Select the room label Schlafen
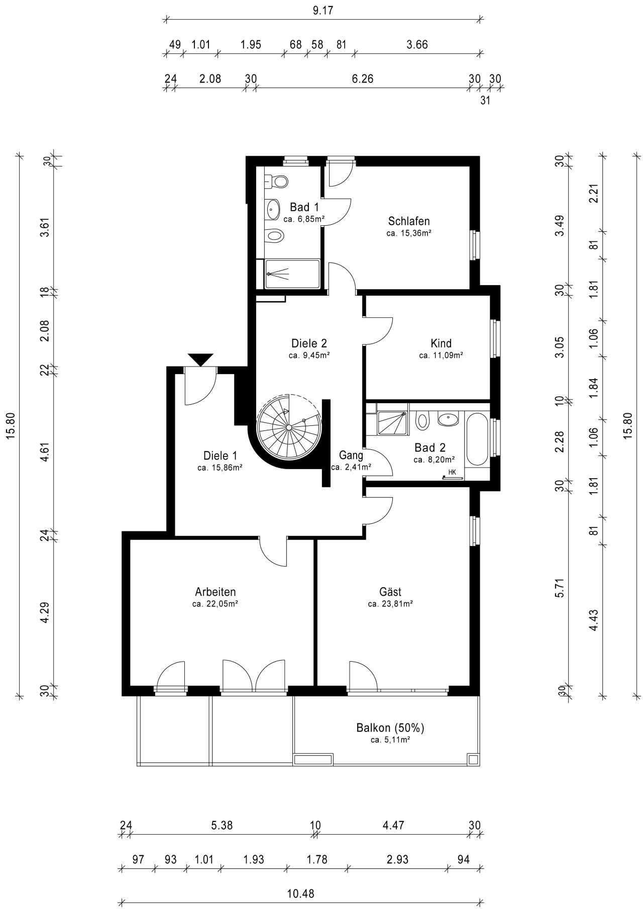[409, 221]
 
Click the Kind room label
[441, 343]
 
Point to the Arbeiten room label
[215, 592]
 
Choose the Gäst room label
[390, 592]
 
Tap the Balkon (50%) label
[390, 728]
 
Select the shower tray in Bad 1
[292, 274]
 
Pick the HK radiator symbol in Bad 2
[452, 475]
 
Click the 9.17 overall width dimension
[323, 11]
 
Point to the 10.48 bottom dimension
[301, 893]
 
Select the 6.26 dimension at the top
[362, 79]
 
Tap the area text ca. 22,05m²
[215, 604]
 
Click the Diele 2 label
[309, 343]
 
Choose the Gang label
[351, 456]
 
